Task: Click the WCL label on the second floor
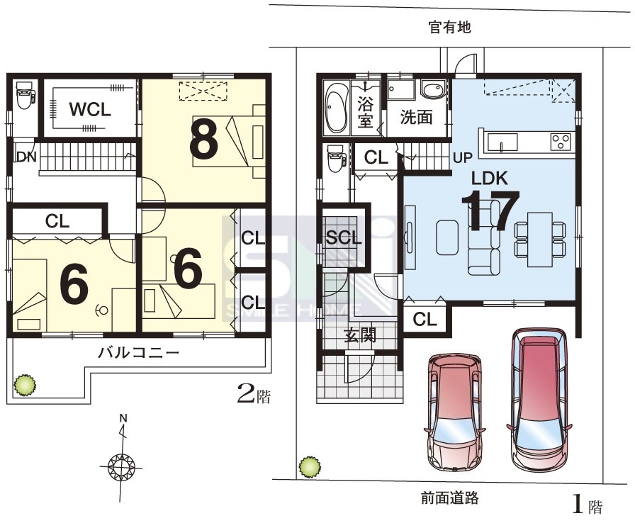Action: click(x=90, y=109)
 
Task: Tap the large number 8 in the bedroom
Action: click(x=203, y=140)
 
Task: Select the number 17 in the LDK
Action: click(x=490, y=209)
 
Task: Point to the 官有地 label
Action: click(x=450, y=27)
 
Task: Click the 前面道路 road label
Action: click(x=450, y=498)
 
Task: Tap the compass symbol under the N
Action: click(x=121, y=467)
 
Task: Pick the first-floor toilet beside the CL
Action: click(x=336, y=159)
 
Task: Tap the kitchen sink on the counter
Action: click(x=502, y=142)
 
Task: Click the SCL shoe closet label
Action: click(x=344, y=237)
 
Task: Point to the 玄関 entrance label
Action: click(x=360, y=335)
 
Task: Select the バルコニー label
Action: click(x=139, y=353)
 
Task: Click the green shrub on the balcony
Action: click(x=25, y=385)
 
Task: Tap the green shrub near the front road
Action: click(x=310, y=466)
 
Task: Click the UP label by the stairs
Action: click(x=463, y=157)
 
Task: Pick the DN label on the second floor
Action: click(x=27, y=157)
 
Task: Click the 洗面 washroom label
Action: click(x=416, y=117)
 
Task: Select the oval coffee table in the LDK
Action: click(x=447, y=237)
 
